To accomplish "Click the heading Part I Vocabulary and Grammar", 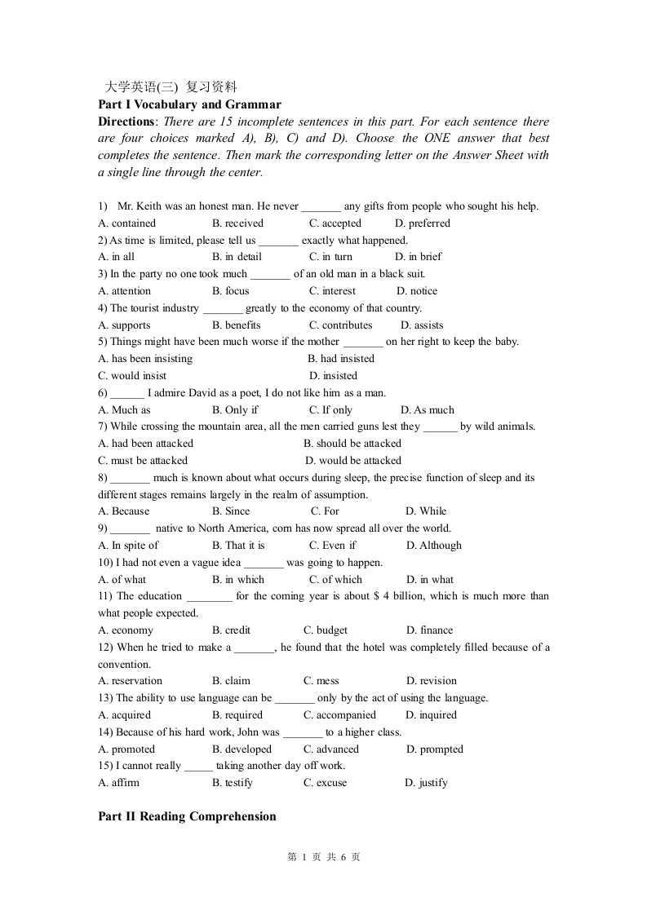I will click(x=189, y=104).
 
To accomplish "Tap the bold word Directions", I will click(x=126, y=122).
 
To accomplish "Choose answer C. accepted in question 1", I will click(x=335, y=223).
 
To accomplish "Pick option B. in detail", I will click(x=237, y=257).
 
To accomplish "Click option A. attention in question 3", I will click(x=124, y=291).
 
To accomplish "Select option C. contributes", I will click(x=340, y=325).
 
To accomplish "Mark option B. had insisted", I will click(x=340, y=359).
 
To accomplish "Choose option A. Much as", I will click(x=124, y=410).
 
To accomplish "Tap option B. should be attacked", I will click(x=352, y=444).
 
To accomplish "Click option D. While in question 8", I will click(x=426, y=511).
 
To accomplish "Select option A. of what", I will click(x=122, y=580).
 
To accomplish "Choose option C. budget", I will click(x=325, y=630).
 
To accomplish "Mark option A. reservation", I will click(x=130, y=681).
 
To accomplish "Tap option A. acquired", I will click(x=124, y=715).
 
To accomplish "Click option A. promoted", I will click(x=126, y=749).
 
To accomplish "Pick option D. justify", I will click(x=426, y=783).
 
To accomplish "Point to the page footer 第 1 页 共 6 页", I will click(x=324, y=857).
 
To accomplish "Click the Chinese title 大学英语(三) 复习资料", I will click(x=171, y=86).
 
